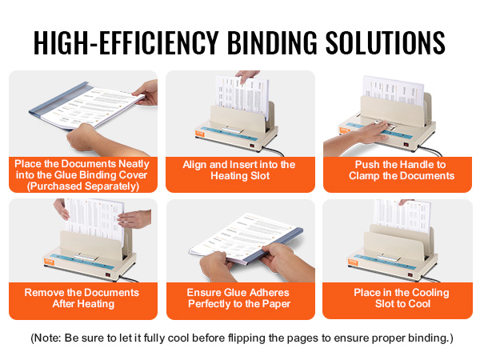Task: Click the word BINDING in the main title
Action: pyautogui.click(x=272, y=42)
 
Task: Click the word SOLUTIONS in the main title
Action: pyautogui.click(x=385, y=42)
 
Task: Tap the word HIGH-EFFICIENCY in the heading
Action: pyautogui.click(x=126, y=42)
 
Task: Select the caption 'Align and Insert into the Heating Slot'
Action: pyautogui.click(x=239, y=170)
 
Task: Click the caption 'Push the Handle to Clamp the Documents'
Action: pyautogui.click(x=401, y=170)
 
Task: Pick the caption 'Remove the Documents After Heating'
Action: pyautogui.click(x=82, y=298)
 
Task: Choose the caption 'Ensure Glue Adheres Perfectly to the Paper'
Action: pyautogui.click(x=238, y=298)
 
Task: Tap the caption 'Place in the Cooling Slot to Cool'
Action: pyautogui.click(x=402, y=298)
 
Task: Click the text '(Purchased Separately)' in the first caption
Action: pyautogui.click(x=83, y=186)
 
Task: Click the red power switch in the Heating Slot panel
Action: pyautogui.click(x=252, y=146)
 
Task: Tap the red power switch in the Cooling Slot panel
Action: pyautogui.click(x=411, y=274)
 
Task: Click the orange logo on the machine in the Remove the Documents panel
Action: pyautogui.click(x=49, y=262)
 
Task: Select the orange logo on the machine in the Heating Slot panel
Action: pyautogui.click(x=200, y=134)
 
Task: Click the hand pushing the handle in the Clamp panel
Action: pyautogui.click(x=358, y=138)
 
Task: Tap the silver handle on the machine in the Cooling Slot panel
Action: pyautogui.click(x=389, y=258)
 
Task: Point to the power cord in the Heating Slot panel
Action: pyautogui.click(x=273, y=150)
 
